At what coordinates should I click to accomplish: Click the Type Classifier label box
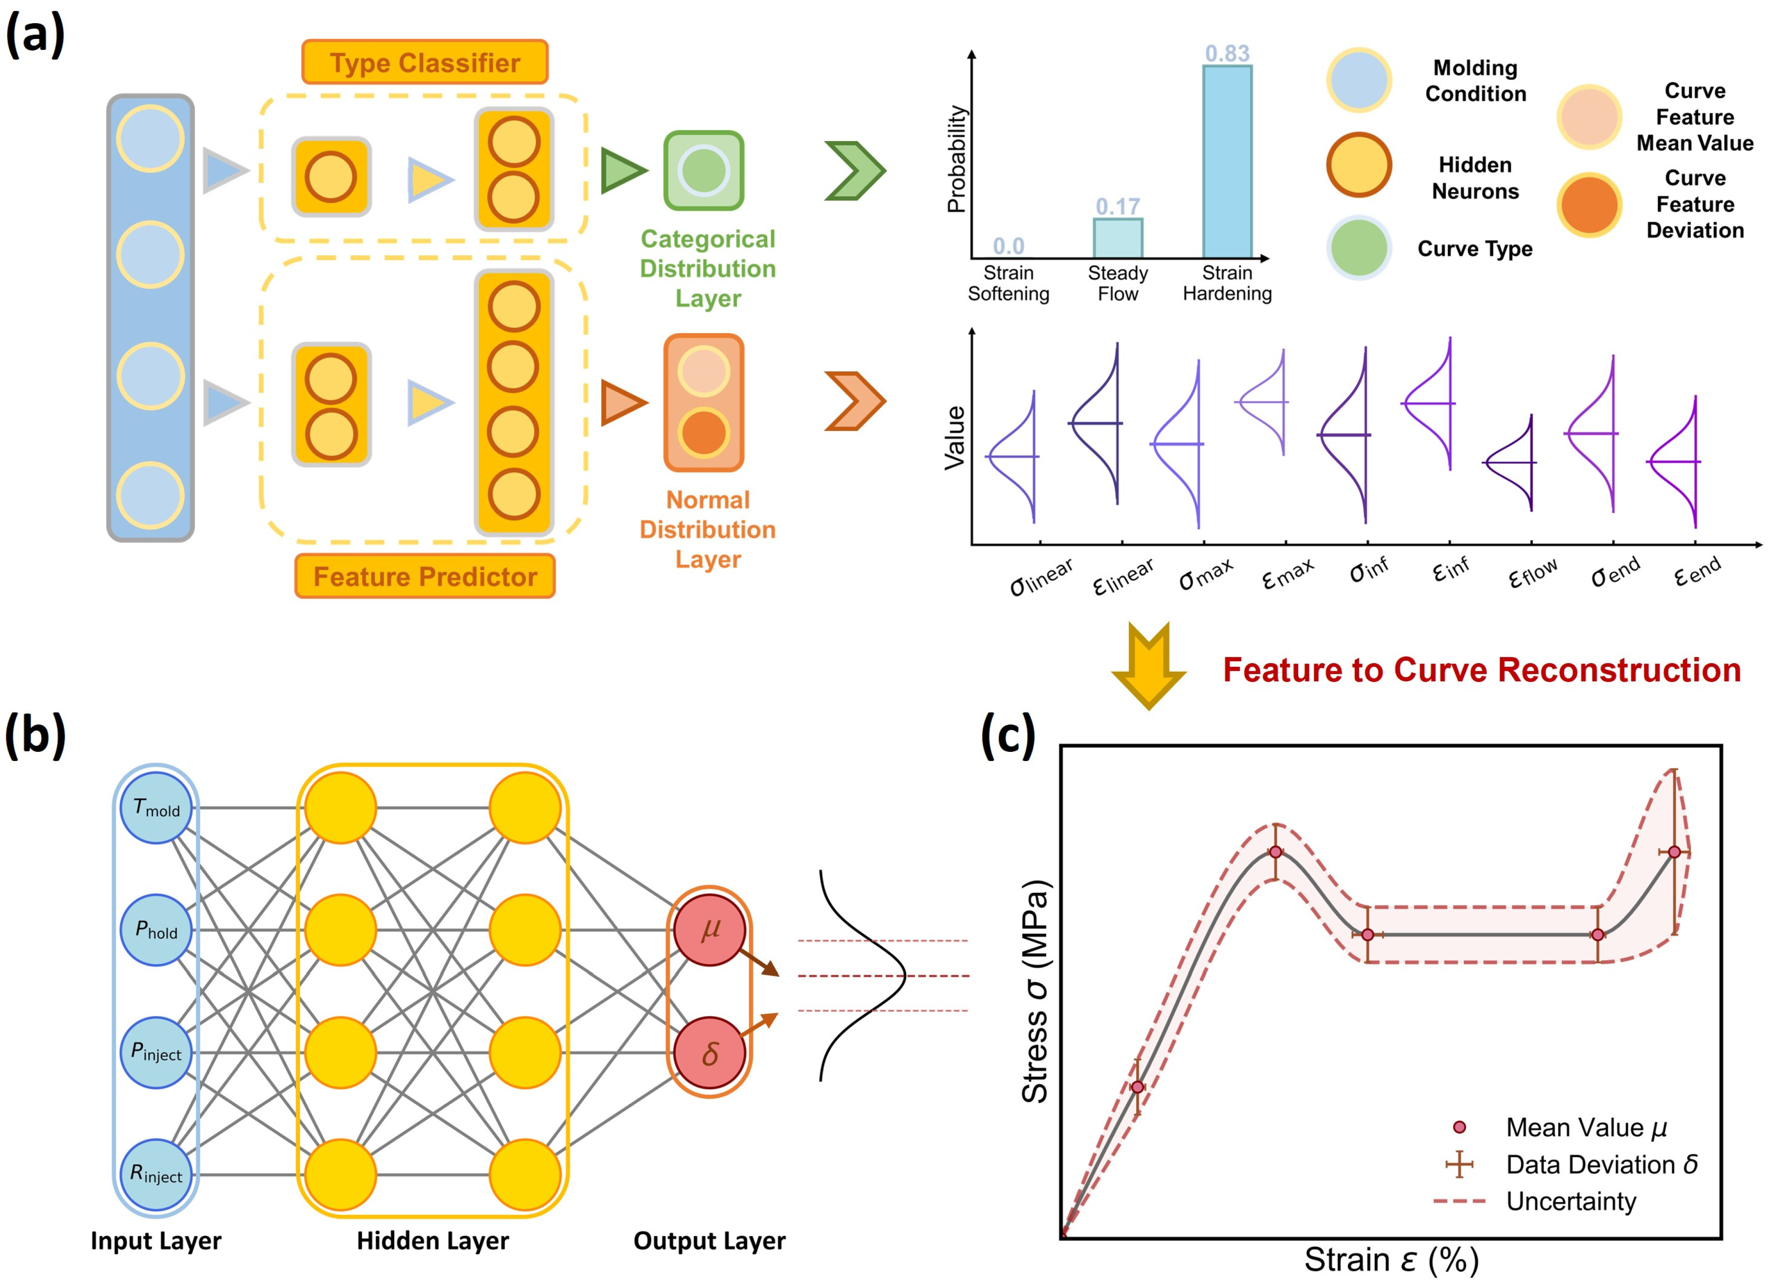pos(425,63)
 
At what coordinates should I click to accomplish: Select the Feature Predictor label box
pos(425,576)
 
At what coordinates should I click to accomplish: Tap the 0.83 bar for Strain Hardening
pos(1227,161)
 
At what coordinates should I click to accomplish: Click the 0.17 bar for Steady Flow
pos(1117,238)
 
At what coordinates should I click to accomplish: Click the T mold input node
pos(156,808)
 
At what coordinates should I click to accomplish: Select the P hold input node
pos(156,930)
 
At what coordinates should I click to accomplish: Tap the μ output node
pos(710,930)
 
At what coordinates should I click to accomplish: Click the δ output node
pos(710,1053)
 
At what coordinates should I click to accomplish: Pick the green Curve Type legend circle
pos(1359,248)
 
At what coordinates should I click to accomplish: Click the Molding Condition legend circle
pos(1359,80)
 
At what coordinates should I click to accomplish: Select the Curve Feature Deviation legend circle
pos(1589,204)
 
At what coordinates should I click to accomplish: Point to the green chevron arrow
pos(856,170)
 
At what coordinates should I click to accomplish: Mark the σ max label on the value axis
pos(1206,575)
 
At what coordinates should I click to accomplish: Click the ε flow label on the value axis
pos(1533,575)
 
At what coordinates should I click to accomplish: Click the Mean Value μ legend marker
pos(1459,1127)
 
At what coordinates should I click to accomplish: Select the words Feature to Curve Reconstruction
pos(1481,670)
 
